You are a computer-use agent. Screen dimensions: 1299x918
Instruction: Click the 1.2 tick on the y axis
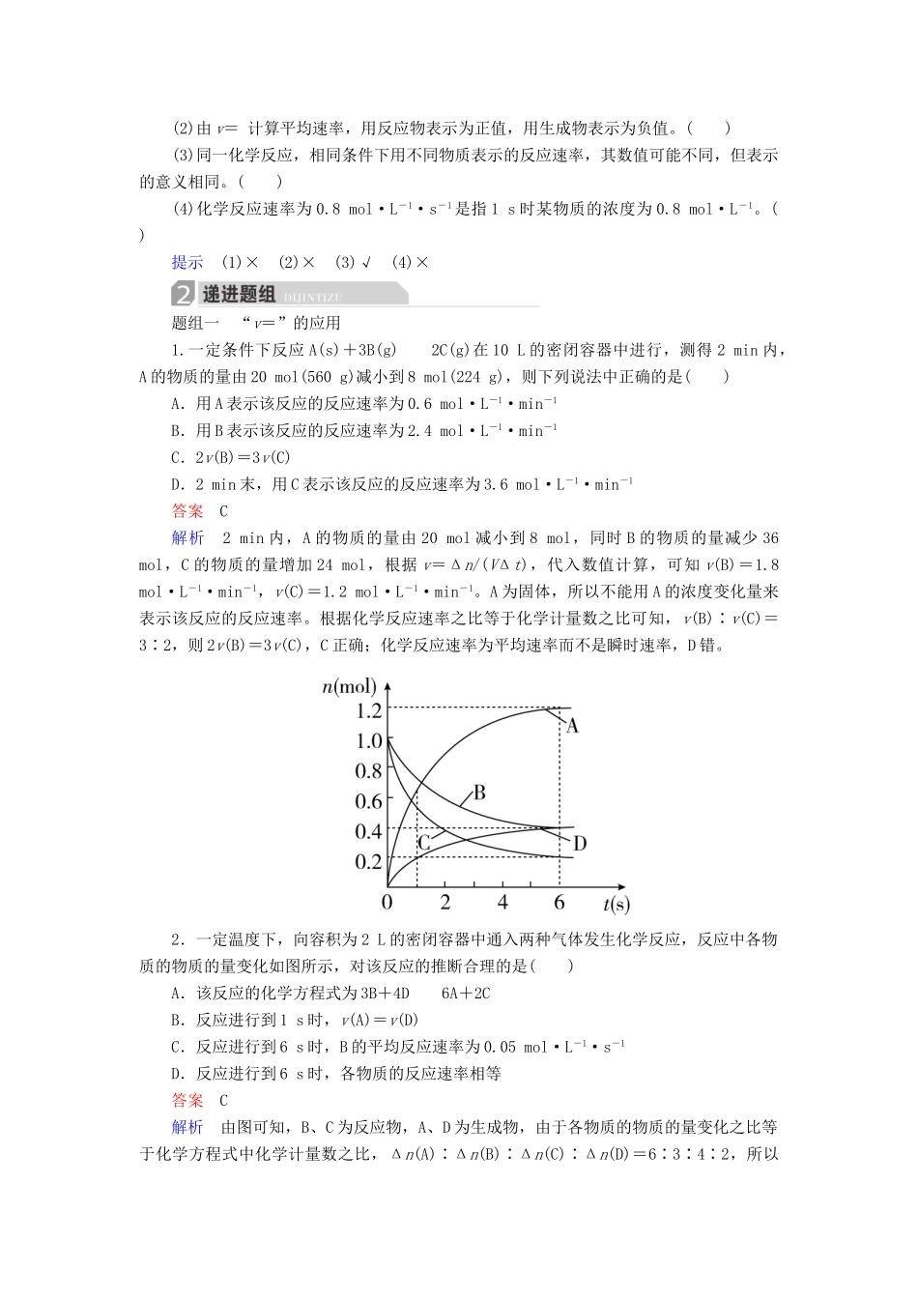click(368, 710)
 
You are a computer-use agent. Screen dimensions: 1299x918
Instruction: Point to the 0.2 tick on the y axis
click(368, 861)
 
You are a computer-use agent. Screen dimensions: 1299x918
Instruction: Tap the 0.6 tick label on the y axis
click(368, 801)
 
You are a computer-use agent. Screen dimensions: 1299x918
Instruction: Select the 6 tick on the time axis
click(559, 903)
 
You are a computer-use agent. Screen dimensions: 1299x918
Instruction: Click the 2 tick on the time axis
click(445, 903)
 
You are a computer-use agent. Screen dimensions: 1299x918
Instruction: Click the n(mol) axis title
click(349, 687)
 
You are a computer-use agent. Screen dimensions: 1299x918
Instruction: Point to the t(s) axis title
click(617, 905)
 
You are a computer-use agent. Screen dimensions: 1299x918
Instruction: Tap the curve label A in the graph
click(572, 725)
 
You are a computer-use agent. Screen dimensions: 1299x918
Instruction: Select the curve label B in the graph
click(479, 794)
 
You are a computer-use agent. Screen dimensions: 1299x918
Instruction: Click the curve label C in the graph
click(423, 843)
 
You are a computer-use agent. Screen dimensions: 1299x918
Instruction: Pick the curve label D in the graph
click(580, 844)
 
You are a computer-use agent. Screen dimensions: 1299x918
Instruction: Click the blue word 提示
click(187, 262)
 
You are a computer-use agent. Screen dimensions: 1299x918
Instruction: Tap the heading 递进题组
click(239, 295)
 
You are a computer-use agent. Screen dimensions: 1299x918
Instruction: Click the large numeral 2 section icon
click(183, 295)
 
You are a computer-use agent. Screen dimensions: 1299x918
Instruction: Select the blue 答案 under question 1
click(187, 511)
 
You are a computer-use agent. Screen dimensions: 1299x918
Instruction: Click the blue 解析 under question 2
click(187, 1127)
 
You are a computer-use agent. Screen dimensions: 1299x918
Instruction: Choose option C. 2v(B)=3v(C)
click(230, 457)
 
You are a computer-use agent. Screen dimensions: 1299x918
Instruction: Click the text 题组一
click(196, 323)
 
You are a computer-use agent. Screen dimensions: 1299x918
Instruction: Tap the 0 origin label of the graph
click(387, 903)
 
